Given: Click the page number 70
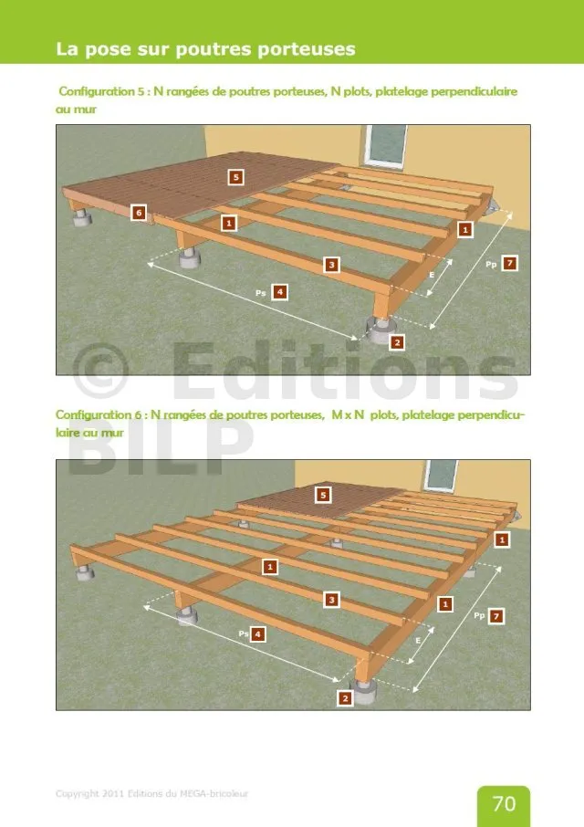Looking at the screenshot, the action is (504, 803).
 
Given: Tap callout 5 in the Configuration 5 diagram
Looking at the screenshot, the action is (236, 177).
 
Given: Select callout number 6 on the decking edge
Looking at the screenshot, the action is (139, 213).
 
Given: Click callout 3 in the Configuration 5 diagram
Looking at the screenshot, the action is (331, 265).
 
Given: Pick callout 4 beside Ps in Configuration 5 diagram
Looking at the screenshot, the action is (280, 292).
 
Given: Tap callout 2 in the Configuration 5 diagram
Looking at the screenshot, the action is (398, 342).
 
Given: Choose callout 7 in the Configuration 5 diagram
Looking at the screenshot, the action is (509, 263).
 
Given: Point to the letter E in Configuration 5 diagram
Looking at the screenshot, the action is (432, 275).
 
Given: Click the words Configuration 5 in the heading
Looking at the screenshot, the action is (101, 91).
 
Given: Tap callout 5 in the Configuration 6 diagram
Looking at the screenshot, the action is (323, 495).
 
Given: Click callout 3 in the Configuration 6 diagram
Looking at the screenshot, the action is (331, 600).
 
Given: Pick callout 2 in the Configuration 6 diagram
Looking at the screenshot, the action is (345, 698).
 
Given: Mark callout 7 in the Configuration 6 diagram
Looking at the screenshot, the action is (496, 615).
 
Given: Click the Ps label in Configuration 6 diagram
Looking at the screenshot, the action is (243, 633).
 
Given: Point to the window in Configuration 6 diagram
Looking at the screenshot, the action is (441, 476).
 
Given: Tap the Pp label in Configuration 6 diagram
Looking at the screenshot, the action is (479, 615).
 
